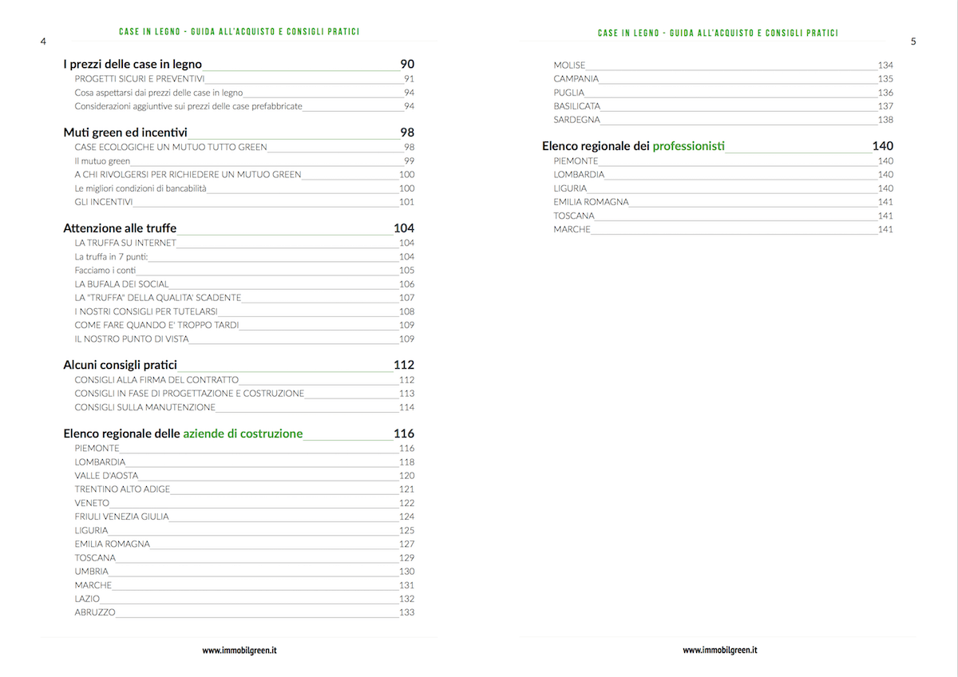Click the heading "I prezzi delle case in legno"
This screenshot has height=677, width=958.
click(133, 64)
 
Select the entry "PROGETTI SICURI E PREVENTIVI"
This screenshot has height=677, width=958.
click(140, 78)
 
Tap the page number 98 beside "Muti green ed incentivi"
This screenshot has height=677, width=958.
click(407, 132)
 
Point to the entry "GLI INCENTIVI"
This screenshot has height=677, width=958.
click(104, 202)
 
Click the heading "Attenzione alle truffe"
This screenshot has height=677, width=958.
click(120, 228)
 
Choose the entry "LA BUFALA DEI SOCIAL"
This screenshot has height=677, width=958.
click(121, 284)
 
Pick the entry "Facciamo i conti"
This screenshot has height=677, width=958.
click(105, 271)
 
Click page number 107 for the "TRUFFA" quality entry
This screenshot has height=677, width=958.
click(406, 298)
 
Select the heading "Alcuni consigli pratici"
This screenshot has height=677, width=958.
click(120, 365)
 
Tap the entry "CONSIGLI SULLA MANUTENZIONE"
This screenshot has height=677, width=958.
click(144, 407)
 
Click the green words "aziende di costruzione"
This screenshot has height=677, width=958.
click(243, 434)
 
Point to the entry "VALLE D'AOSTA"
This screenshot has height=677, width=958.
click(106, 476)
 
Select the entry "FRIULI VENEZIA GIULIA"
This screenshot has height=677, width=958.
click(121, 517)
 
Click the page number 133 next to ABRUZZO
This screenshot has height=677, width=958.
click(406, 612)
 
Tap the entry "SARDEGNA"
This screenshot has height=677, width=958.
click(576, 120)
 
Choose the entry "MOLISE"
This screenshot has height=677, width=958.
click(569, 65)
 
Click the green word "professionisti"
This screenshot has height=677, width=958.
click(689, 146)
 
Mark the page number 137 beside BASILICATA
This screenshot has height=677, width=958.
click(885, 106)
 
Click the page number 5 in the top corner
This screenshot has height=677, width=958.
click(913, 41)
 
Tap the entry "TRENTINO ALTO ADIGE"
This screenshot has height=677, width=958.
click(122, 489)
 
